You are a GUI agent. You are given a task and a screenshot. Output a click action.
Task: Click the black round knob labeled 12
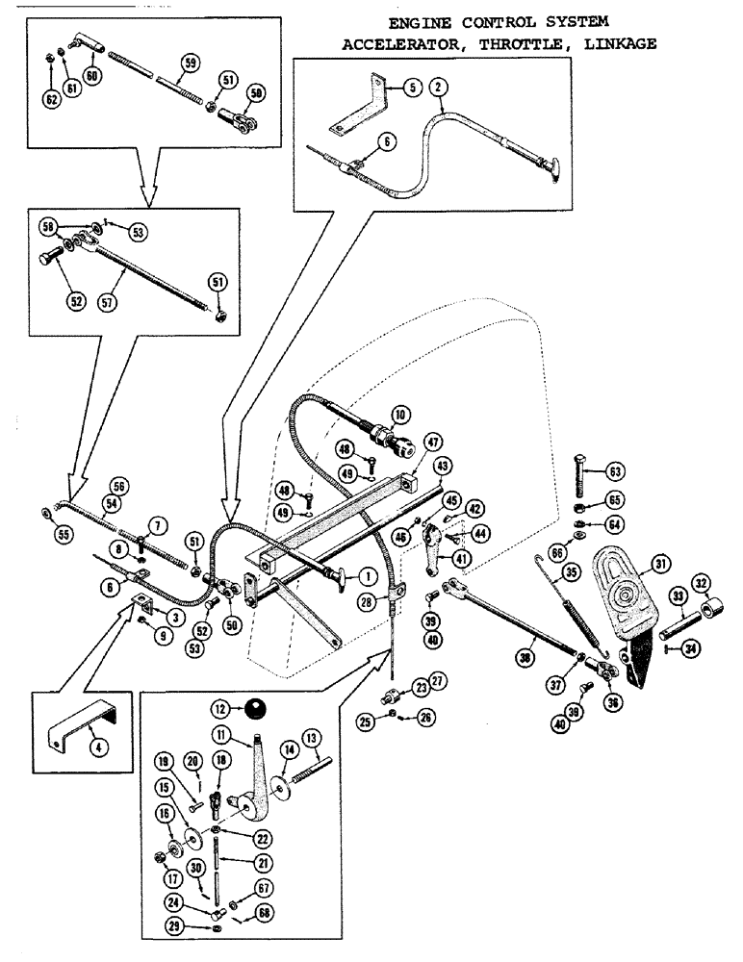point(254,711)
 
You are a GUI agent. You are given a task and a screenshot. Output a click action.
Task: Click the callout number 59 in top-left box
point(191,63)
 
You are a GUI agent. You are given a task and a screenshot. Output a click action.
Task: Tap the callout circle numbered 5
point(411,87)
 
